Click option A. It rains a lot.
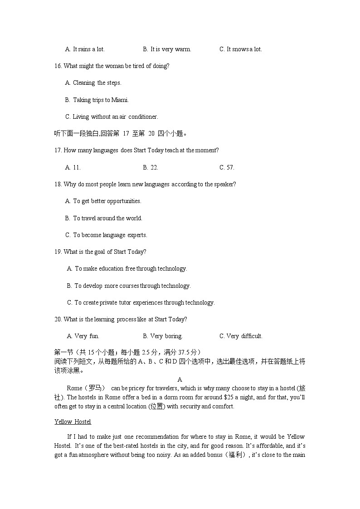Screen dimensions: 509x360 tap(85, 49)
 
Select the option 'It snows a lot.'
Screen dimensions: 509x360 tap(241, 49)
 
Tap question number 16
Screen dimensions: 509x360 tap(58, 66)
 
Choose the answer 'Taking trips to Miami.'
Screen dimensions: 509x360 tap(97, 100)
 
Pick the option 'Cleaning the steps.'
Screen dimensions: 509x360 tap(93, 82)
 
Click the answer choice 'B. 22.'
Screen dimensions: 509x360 tap(151, 167)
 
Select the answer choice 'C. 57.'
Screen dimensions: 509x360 tap(227, 167)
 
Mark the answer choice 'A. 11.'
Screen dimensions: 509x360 tap(73, 167)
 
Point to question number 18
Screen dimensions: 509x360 tap(58, 184)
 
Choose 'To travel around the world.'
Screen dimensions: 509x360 tap(104, 218)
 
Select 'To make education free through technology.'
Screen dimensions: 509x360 tap(127, 268)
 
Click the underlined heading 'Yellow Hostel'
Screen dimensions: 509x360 tap(73, 422)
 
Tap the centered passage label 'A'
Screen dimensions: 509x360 tap(180, 379)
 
